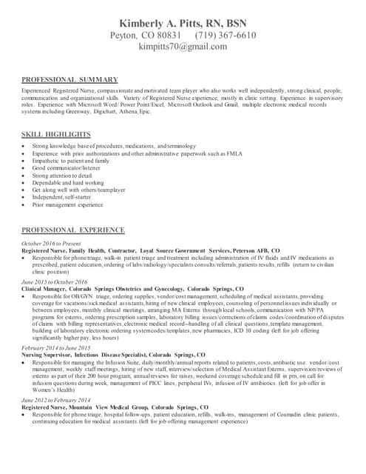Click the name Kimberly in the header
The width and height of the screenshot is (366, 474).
[141, 22]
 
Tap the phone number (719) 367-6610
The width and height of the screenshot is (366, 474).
[226, 35]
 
